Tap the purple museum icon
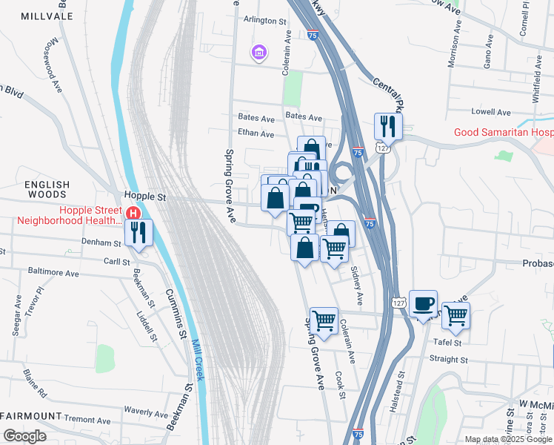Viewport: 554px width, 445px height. point(258,53)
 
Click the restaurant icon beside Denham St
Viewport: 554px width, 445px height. point(138,232)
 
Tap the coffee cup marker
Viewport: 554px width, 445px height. point(423,303)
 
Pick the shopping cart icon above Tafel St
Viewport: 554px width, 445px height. point(455,315)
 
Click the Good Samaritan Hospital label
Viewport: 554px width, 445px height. point(503,132)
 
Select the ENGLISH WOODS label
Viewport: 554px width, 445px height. point(46,190)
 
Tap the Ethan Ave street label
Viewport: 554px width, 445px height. point(256,134)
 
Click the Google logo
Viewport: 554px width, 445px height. point(24,436)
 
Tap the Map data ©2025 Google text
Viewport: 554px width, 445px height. point(508,439)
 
